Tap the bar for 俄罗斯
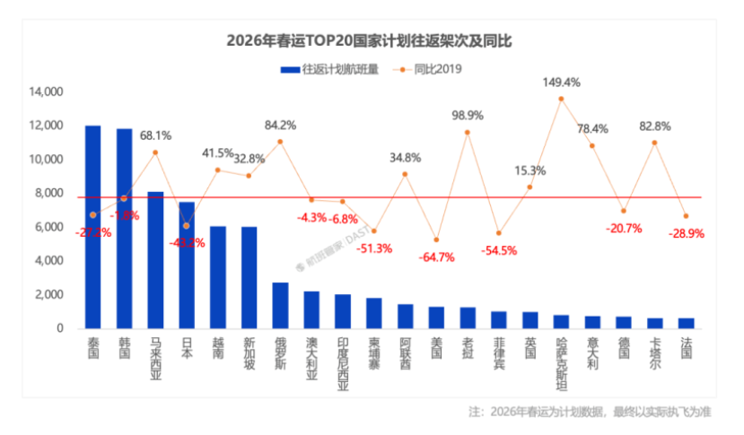tap(280, 306)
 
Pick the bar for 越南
tap(218, 277)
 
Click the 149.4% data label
tap(561, 83)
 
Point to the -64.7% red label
tap(436, 257)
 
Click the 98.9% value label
tap(468, 116)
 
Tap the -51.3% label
tap(374, 248)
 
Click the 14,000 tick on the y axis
tap(46, 91)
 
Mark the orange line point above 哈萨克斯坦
tap(561, 99)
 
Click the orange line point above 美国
tap(436, 239)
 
